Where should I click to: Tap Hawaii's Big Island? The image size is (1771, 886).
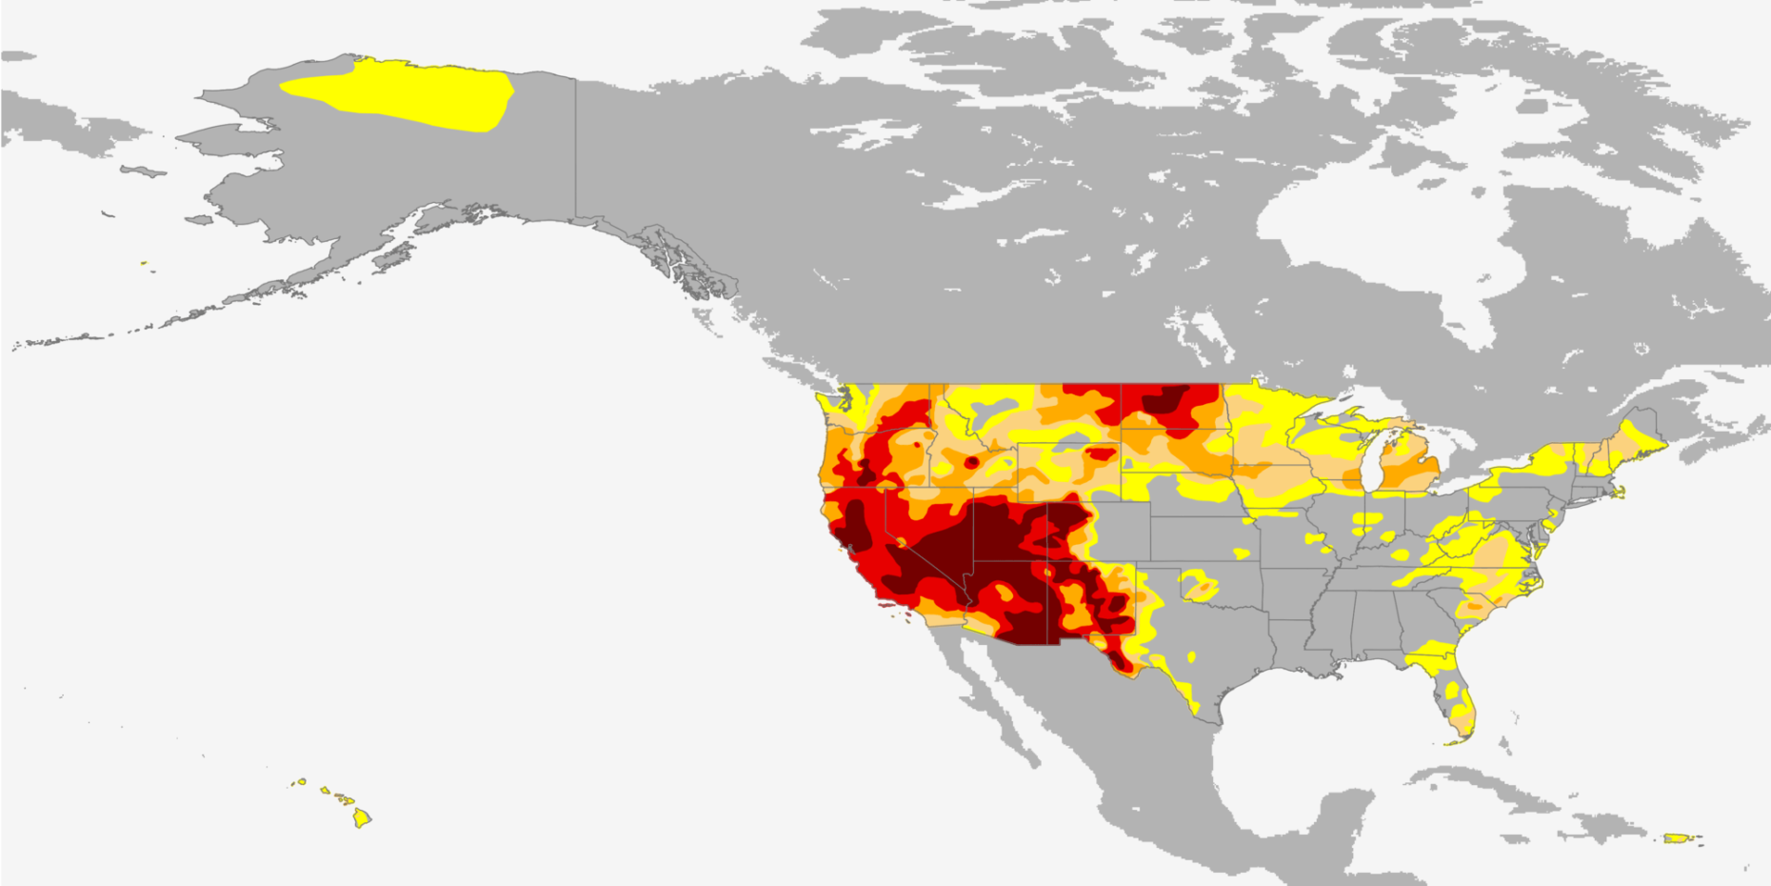(362, 817)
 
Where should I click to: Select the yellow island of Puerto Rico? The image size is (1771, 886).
(1677, 838)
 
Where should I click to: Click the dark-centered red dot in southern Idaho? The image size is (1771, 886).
(971, 462)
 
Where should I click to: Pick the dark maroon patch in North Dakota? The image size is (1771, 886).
(1164, 400)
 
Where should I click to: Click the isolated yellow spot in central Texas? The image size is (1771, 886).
(1190, 657)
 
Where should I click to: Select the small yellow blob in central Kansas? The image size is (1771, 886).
(1240, 553)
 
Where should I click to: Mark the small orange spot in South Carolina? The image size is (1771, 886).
(1475, 603)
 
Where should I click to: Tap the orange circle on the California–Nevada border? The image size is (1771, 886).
(901, 542)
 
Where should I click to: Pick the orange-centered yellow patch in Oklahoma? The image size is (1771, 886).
(1199, 588)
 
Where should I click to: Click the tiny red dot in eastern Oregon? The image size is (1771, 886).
(917, 444)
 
